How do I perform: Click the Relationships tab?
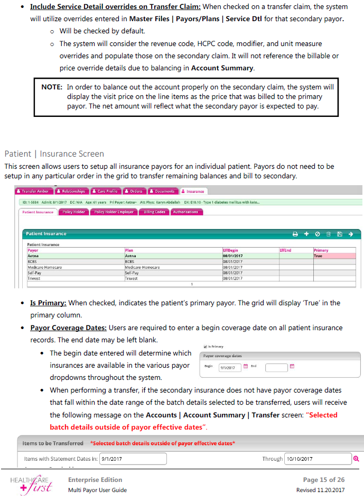pyautogui.click(x=72, y=191)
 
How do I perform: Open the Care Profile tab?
pyautogui.click(x=106, y=191)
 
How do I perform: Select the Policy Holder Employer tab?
pyautogui.click(x=115, y=212)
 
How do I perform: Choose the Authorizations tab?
pyautogui.click(x=185, y=212)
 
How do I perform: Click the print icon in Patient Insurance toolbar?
pyautogui.click(x=296, y=233)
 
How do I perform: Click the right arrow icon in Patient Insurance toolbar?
pyautogui.click(x=350, y=233)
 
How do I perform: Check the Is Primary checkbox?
pyautogui.click(x=206, y=347)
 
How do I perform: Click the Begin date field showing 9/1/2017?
pyautogui.click(x=230, y=367)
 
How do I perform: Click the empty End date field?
pyautogui.click(x=276, y=367)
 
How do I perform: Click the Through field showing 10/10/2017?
pyautogui.click(x=318, y=459)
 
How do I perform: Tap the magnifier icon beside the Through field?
pyautogui.click(x=356, y=459)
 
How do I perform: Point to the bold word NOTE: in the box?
pyautogui.click(x=52, y=87)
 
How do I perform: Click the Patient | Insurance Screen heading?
pyautogui.click(x=54, y=154)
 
